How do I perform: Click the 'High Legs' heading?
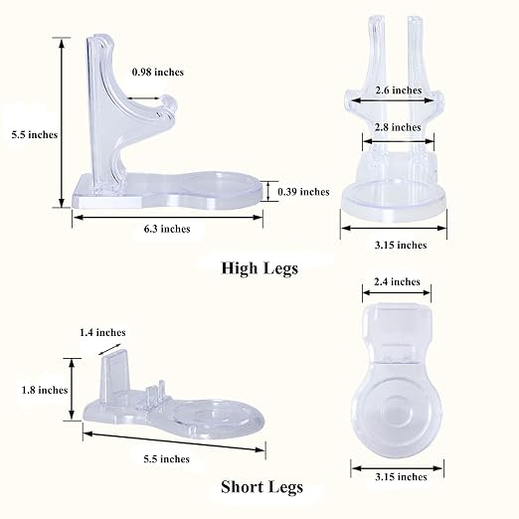[x=259, y=268]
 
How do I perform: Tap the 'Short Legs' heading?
[x=261, y=487]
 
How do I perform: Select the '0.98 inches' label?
[x=158, y=72]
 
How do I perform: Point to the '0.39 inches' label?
[x=303, y=192]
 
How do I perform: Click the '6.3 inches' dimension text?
[x=167, y=229]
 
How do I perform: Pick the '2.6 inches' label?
[x=399, y=90]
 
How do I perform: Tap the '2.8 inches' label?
[x=398, y=127]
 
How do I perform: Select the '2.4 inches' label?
[x=397, y=281]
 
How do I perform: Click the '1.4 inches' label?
[x=102, y=332]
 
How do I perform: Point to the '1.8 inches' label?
[x=45, y=390]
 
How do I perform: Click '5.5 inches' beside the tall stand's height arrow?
[x=35, y=135]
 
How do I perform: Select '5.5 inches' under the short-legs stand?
[x=167, y=459]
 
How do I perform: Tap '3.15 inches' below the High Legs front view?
[x=401, y=246]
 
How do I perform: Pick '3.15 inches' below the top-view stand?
[x=401, y=477]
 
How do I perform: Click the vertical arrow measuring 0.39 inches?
[x=268, y=191]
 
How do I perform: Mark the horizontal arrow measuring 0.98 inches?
[x=143, y=98]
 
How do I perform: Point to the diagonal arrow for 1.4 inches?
[x=109, y=349]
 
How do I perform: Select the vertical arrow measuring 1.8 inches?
[x=72, y=390]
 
